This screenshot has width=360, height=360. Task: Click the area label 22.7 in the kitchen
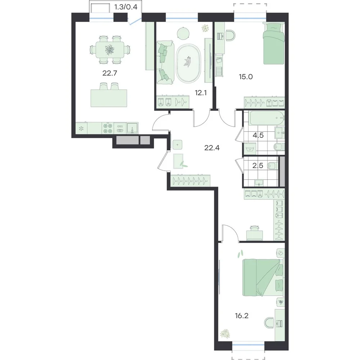(x=110, y=73)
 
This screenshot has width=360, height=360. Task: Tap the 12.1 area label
(x=201, y=93)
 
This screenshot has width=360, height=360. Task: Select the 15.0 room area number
(x=246, y=77)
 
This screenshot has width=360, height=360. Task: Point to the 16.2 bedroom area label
(x=242, y=316)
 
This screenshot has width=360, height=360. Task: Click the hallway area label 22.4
(x=212, y=148)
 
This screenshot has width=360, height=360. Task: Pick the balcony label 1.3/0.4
(x=126, y=7)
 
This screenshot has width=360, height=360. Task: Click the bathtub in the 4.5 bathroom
(x=267, y=118)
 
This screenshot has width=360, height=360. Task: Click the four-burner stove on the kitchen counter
(x=108, y=129)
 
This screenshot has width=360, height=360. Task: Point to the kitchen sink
(x=132, y=128)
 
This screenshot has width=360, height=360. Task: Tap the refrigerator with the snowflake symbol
(x=81, y=128)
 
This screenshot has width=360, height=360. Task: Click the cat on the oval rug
(x=188, y=61)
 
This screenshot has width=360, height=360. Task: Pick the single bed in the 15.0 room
(x=274, y=43)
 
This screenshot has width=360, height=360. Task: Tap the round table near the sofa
(x=183, y=33)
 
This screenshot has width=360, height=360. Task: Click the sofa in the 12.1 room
(x=165, y=62)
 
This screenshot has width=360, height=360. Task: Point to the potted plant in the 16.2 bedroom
(x=225, y=334)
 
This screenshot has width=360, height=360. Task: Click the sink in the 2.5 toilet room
(x=259, y=183)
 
